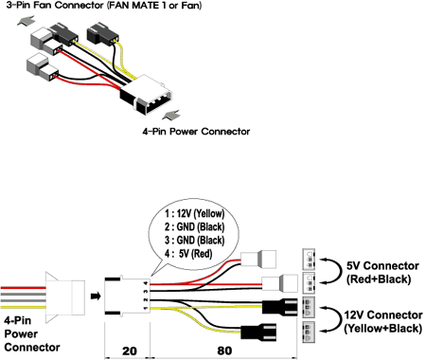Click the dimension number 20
click(x=130, y=351)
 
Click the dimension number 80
click(x=224, y=351)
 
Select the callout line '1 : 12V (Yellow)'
click(x=194, y=214)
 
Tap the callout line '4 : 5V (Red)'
click(x=188, y=254)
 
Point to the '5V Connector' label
click(x=382, y=266)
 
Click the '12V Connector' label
click(x=383, y=315)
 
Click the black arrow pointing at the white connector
click(x=96, y=297)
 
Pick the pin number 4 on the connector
click(x=146, y=282)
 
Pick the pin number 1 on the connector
click(x=146, y=308)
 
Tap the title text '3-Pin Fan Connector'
click(x=55, y=6)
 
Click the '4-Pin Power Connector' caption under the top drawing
click(x=196, y=132)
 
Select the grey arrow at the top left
click(x=27, y=20)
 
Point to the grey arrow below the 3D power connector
click(x=171, y=115)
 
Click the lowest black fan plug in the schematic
click(x=258, y=332)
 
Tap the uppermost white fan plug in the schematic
click(x=258, y=260)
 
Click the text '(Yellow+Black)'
click(x=382, y=329)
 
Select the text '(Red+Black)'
click(x=379, y=279)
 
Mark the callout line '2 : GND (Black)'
click(x=194, y=227)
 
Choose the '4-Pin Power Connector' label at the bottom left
click(x=32, y=333)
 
